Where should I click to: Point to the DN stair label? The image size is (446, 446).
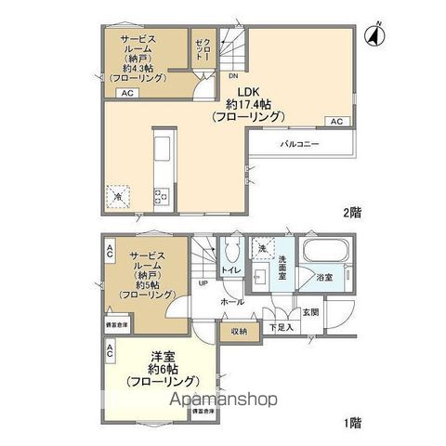coord(233,77)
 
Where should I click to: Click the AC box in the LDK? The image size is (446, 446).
coord(336,122)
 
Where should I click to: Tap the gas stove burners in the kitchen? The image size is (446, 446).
coord(160,195)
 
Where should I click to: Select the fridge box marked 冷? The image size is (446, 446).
coord(117,195)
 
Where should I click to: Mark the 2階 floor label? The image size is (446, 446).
coord(350,212)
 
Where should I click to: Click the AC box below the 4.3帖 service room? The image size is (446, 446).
coord(126,94)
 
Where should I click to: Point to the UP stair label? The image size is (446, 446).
coord(203,284)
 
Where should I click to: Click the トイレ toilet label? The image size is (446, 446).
coord(230,270)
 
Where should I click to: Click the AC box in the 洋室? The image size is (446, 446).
coord(110,350)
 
